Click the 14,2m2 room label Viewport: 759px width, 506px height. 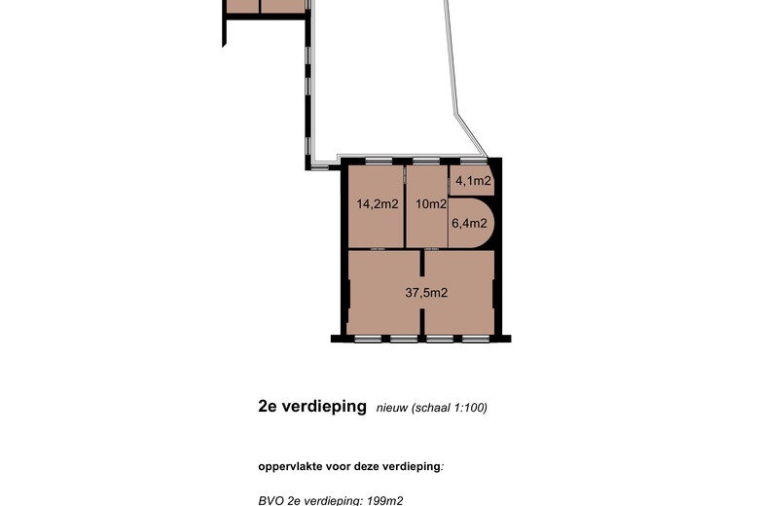pos(377,204)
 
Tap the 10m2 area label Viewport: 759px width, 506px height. pos(429,204)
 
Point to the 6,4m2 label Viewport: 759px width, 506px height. pos(468,223)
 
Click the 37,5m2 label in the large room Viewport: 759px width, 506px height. pos(426,292)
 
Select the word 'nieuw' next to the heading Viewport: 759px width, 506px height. pos(392,408)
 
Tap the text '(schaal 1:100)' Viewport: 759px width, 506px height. pos(450,408)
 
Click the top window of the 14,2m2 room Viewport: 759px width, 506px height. pos(376,161)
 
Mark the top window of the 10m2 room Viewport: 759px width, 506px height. pos(425,161)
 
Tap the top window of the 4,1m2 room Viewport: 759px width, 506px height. pos(472,161)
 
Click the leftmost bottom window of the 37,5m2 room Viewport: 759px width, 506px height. pos(368,339)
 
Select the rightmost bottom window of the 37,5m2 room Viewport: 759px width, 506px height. pos(476,339)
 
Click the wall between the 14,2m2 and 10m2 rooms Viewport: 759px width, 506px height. pos(404,206)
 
